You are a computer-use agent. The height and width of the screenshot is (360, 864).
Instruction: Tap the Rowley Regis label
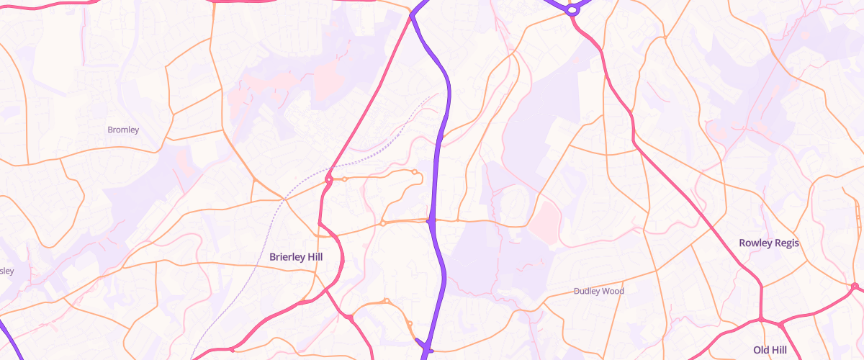(x=769, y=243)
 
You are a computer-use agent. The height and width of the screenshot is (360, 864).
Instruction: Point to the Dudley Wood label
(x=598, y=291)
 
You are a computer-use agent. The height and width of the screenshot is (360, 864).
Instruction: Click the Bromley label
(x=122, y=130)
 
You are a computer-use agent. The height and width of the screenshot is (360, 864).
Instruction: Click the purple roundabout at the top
(x=572, y=11)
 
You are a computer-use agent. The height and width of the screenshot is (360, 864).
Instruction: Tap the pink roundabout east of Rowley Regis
(x=854, y=287)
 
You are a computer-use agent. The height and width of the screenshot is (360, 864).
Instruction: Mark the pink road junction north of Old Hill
(x=761, y=318)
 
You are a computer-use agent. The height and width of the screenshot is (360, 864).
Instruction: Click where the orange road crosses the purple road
(x=430, y=221)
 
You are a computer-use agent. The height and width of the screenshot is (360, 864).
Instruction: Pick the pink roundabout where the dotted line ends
(x=328, y=179)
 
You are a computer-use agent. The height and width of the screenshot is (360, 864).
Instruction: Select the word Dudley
(x=587, y=291)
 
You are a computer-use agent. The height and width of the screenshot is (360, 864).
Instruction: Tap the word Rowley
(x=755, y=243)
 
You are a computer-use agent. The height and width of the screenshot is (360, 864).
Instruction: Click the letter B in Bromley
(x=109, y=130)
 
